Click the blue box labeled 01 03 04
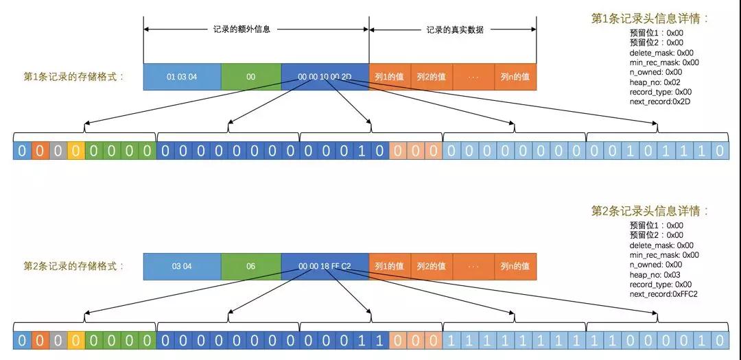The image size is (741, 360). point(182,77)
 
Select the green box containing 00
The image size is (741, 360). point(251,77)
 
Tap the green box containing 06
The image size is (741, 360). point(251,267)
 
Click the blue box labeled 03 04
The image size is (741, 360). point(182,267)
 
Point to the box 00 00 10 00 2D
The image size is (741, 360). point(325,77)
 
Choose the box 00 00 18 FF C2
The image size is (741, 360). point(325,267)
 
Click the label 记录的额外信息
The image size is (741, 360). point(242,29)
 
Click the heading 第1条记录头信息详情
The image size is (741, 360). point(650,19)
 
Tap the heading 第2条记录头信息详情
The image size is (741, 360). point(650,211)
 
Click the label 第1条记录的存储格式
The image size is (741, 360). point(73,77)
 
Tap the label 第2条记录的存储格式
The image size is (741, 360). point(73,267)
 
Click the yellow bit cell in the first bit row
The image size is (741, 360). point(76,151)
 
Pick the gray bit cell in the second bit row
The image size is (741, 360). point(58,341)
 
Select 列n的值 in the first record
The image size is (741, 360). point(515,77)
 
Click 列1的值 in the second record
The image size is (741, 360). point(390,267)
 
